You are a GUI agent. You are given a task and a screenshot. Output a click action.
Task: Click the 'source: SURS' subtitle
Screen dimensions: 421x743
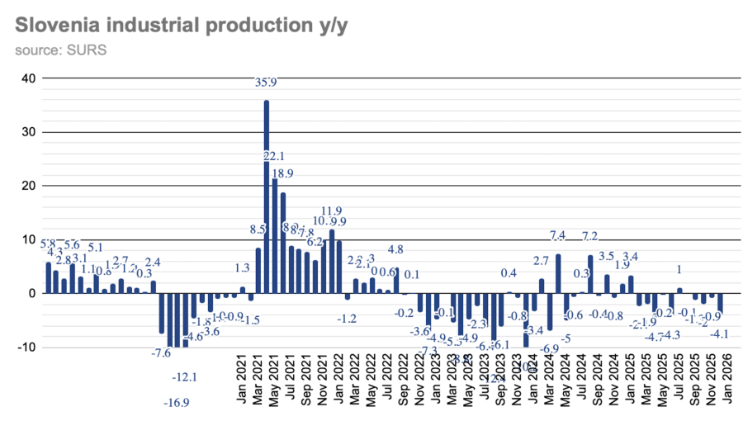[60, 51]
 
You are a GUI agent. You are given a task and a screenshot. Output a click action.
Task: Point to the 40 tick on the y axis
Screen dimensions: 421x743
[28, 79]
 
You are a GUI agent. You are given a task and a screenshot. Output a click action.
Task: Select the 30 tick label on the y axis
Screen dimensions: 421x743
[28, 133]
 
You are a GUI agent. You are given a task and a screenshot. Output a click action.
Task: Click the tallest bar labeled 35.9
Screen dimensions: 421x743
[267, 196]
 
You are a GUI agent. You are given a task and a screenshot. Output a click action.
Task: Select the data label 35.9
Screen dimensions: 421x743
[266, 83]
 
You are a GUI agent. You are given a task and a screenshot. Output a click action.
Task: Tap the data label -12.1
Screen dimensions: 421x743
[184, 377]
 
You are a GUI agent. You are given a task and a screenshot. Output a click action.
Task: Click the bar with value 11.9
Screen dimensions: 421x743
[332, 261]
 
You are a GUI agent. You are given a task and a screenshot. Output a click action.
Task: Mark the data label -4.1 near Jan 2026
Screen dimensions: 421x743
[719, 334]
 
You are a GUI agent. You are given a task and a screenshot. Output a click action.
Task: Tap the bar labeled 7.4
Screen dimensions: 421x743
[558, 273]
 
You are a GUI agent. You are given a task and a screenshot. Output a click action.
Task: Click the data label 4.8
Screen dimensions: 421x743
[395, 249]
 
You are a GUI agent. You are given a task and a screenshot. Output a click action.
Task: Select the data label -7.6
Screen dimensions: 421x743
[161, 352]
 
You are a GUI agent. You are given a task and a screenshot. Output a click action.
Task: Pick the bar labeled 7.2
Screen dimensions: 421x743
[590, 274]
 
